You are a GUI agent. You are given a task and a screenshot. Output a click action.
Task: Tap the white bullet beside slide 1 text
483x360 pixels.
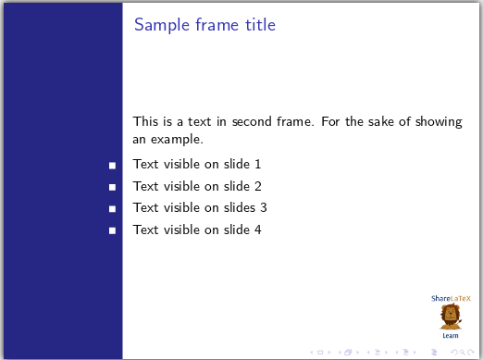(x=112, y=165)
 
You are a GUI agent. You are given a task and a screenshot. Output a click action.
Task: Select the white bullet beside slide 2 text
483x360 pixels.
(x=112, y=187)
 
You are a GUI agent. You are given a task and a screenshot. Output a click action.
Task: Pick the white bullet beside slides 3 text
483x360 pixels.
(x=112, y=208)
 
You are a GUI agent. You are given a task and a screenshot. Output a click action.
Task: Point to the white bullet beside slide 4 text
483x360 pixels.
(x=112, y=230)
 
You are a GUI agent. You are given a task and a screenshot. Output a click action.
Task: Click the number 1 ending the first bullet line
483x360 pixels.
(x=258, y=165)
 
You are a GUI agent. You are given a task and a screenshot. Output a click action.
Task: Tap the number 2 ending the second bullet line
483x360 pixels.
(x=258, y=186)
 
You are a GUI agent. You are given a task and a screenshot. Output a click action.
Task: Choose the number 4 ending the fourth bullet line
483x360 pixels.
(x=258, y=230)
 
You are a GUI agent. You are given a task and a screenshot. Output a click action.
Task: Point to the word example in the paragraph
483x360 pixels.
(x=177, y=141)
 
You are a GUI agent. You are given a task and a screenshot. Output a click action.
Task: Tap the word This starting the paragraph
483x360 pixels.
(x=145, y=121)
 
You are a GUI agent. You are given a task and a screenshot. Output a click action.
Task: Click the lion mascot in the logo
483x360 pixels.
(x=451, y=317)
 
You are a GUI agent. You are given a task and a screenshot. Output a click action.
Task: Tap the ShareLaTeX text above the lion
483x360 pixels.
(x=451, y=299)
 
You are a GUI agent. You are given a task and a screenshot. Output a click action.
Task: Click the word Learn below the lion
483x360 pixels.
(x=451, y=335)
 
